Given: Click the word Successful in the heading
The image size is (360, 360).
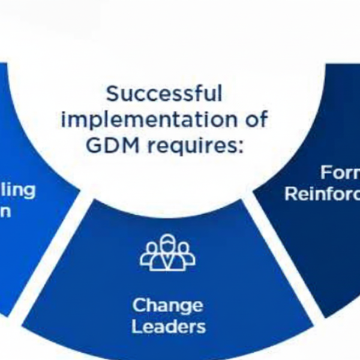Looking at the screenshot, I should click(164, 94).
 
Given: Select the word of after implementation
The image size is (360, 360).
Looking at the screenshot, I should click(254, 119).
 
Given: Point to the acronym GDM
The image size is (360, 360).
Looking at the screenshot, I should click(112, 145).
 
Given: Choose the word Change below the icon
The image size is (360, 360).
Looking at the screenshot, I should click(167, 305).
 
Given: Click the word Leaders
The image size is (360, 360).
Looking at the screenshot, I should click(168, 326).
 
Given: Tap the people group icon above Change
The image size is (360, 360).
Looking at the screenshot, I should click(168, 253).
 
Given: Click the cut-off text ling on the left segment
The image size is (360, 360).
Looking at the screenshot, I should click(18, 191).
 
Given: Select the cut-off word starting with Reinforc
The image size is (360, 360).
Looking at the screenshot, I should click(322, 194).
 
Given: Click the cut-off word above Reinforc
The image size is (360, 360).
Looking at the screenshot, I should click(340, 173).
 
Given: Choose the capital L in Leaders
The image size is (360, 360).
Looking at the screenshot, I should click(136, 326).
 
